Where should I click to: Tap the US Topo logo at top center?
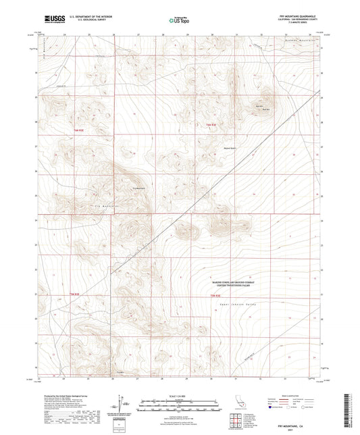pyautogui.click(x=178, y=21)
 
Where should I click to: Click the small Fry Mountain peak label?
pyautogui.click(x=138, y=188)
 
